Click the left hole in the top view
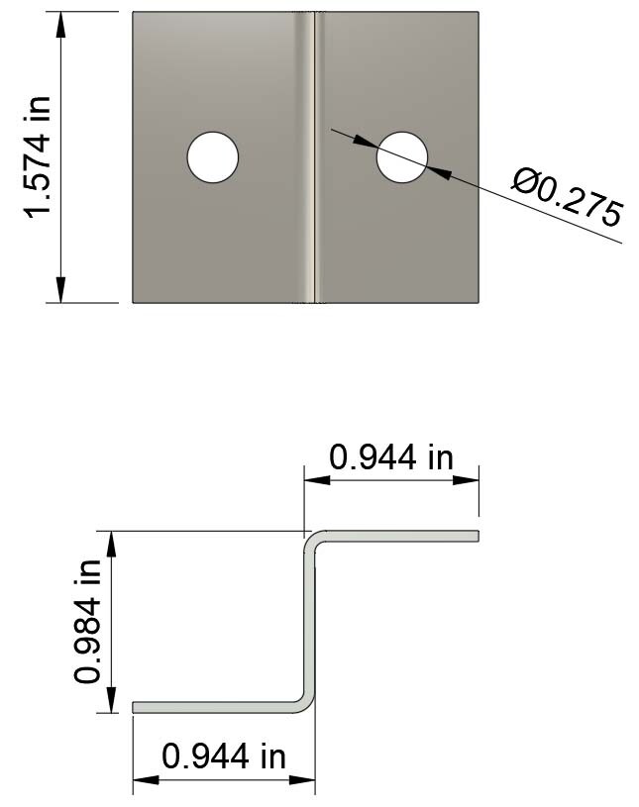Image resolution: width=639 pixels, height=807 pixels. [213, 157]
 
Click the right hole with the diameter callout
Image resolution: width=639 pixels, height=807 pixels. [402, 157]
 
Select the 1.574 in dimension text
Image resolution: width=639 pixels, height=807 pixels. [38, 157]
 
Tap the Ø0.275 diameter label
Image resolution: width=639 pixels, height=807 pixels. [568, 198]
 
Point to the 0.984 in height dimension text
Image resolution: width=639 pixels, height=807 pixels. [87, 621]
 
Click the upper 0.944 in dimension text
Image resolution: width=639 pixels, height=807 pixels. [390, 457]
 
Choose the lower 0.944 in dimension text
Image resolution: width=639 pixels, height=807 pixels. [224, 757]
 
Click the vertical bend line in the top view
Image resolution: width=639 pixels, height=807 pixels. [314, 157]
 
